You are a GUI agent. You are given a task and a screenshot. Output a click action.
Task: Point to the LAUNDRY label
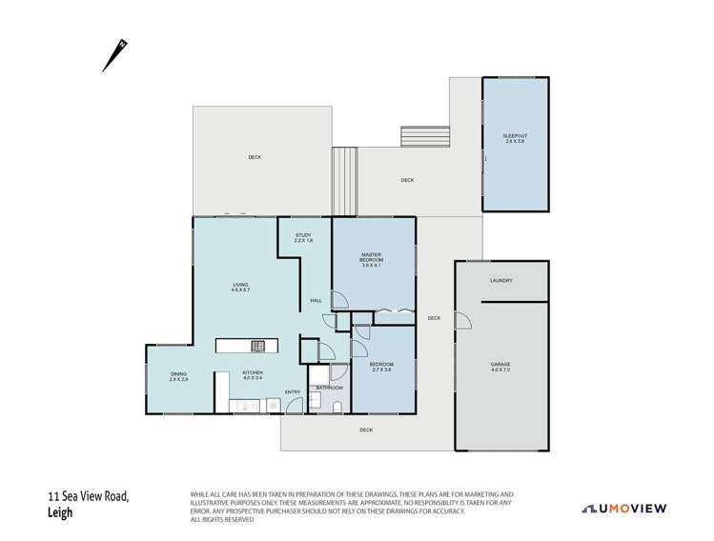(501, 280)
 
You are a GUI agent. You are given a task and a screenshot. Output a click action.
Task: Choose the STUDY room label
(303, 237)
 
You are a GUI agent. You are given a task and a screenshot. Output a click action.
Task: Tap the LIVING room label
(240, 287)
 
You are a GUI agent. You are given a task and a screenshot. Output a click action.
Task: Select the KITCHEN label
(252, 375)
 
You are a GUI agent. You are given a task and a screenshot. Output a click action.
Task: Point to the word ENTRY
(292, 391)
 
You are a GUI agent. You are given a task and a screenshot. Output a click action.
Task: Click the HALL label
(315, 301)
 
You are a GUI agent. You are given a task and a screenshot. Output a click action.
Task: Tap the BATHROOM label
(330, 388)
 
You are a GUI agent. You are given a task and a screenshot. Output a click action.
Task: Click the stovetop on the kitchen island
(257, 346)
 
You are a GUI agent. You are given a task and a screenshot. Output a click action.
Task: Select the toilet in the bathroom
(337, 406)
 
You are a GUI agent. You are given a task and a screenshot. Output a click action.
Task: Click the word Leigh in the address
(62, 511)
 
